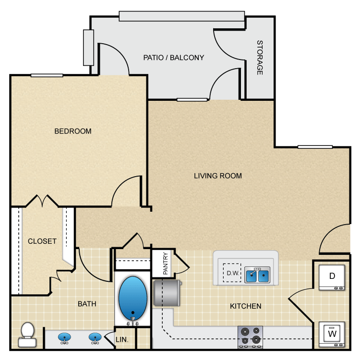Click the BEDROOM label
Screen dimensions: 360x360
(x=72, y=131)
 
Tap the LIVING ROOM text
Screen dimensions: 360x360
(x=217, y=176)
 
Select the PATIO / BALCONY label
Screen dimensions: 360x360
(x=173, y=58)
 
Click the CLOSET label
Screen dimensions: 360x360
(x=42, y=241)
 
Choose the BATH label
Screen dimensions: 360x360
(x=87, y=303)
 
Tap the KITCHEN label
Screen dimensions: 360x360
(x=245, y=306)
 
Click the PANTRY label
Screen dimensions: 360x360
(x=165, y=264)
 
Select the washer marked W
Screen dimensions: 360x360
(x=332, y=333)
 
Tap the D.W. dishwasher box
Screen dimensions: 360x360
(x=232, y=274)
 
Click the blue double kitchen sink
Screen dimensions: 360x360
(x=257, y=275)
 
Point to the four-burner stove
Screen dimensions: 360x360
(x=250, y=336)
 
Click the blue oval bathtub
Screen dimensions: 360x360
(x=131, y=294)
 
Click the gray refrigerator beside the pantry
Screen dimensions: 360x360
(x=167, y=292)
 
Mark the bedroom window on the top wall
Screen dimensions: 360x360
(x=47, y=75)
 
